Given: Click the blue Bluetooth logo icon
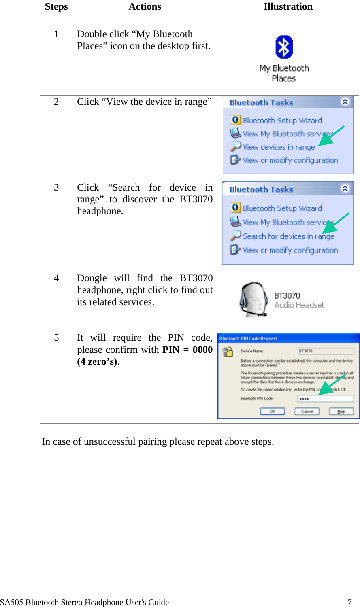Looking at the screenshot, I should (284, 47).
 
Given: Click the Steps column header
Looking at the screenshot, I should (56, 7).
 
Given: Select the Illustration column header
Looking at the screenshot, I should (288, 7).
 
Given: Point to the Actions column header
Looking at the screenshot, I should (145, 7).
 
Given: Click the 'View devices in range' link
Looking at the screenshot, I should (279, 147).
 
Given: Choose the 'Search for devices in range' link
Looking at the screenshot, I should (288, 236).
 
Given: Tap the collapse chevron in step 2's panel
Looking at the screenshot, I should (345, 102).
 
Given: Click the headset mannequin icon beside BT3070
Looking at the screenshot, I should (253, 300).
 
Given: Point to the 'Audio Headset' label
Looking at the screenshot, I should (299, 306).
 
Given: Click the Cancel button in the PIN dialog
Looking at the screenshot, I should (307, 412).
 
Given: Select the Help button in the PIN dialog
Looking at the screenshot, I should (341, 412).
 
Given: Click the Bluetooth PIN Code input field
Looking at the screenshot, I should (326, 399).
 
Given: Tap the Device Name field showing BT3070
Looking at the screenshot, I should (326, 351).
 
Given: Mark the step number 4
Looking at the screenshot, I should (56, 278).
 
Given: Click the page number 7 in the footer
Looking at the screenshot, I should (349, 602).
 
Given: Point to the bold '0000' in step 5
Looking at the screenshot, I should (202, 350).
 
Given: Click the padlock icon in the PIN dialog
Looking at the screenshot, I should (228, 352).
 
